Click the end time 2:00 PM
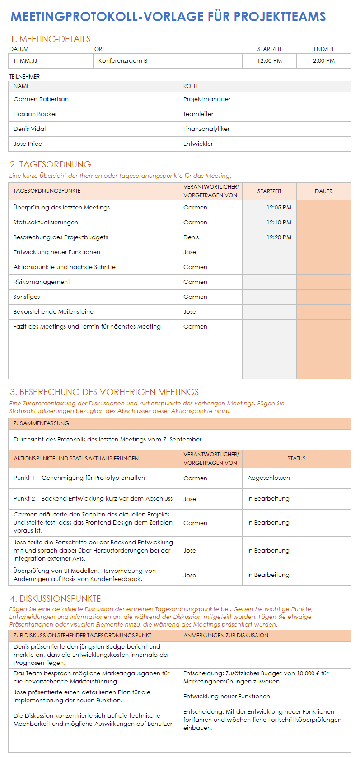coord(323,61)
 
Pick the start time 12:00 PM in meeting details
coord(269,61)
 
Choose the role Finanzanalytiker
coord(206,129)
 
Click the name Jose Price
coord(28,144)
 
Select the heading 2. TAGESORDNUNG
coord(51,165)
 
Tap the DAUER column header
coord(323,191)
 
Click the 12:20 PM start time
coord(279,237)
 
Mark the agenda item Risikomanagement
coord(42,282)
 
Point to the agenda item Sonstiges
coord(27,297)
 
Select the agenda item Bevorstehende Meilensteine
coord(53,312)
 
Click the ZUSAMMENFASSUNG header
coord(41,423)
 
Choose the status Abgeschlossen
coord(269,478)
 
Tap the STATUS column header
coord(296,459)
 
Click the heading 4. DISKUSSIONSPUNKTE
coord(56,599)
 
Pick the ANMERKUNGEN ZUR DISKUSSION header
coord(226,636)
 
